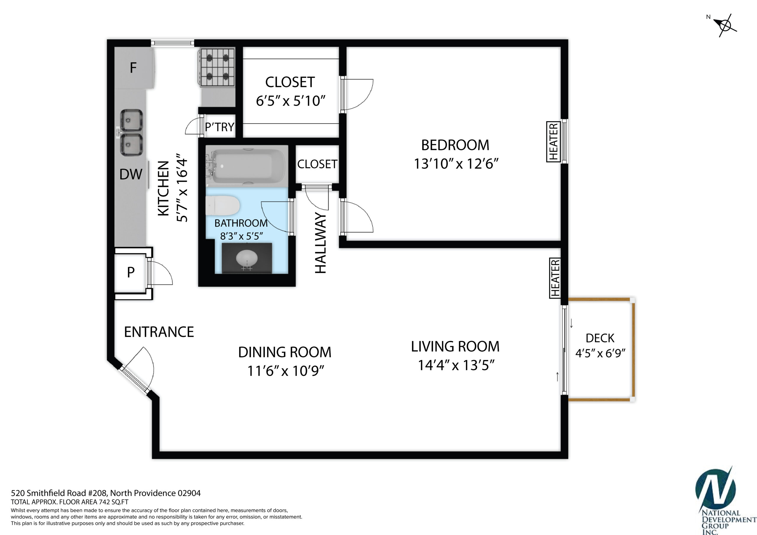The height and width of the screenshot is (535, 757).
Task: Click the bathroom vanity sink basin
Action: pos(247,258)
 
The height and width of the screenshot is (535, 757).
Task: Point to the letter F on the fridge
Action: pos(133,68)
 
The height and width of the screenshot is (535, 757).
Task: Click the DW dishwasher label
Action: pos(131,174)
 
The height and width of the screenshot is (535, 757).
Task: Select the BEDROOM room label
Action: pos(455,145)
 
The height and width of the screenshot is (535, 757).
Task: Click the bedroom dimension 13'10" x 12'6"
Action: pos(456,163)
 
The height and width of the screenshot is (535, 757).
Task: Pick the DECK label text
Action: pos(600,338)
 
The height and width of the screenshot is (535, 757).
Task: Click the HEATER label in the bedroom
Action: pos(554,142)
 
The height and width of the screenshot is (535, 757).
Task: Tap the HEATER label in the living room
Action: pos(555,278)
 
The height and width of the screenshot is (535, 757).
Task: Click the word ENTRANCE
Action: pos(159,332)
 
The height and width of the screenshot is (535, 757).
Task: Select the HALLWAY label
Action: pos(321,243)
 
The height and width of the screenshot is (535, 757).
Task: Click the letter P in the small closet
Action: pos(131,272)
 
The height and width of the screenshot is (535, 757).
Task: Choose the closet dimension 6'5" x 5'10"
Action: pos(291,101)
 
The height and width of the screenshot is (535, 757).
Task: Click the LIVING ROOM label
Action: pos(455,346)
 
